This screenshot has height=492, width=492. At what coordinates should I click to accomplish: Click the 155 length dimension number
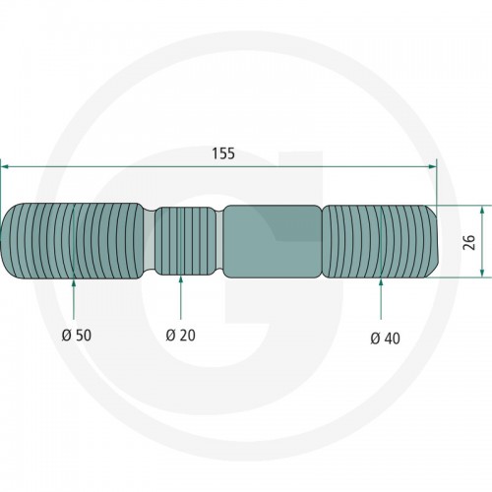(x=223, y=154)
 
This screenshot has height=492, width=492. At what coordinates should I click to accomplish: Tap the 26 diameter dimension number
(x=470, y=242)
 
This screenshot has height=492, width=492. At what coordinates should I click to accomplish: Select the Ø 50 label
(x=77, y=336)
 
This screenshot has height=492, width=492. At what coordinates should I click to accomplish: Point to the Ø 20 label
(x=181, y=336)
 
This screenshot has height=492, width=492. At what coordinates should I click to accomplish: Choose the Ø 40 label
(x=386, y=338)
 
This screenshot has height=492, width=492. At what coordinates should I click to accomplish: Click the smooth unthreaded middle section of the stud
(x=273, y=242)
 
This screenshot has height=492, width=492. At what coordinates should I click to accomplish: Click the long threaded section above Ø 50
(x=72, y=241)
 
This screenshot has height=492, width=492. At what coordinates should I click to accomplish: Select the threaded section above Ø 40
(x=381, y=242)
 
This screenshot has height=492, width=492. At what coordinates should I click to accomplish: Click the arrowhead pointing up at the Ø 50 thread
(x=74, y=283)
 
